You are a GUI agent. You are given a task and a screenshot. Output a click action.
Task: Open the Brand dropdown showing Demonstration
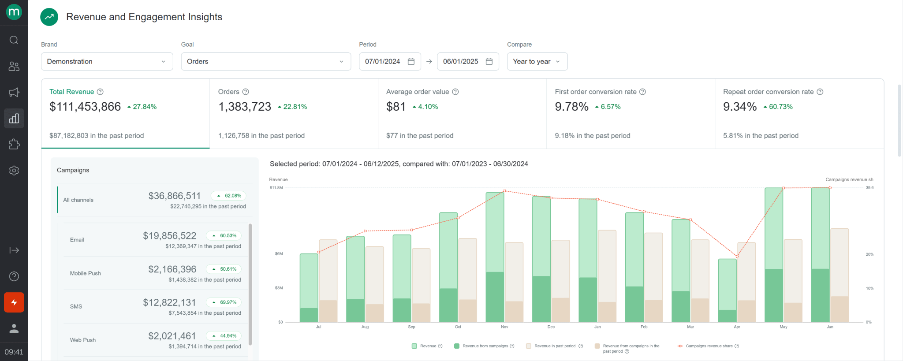pyautogui.click(x=107, y=62)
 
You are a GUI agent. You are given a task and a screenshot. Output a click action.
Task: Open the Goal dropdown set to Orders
pyautogui.click(x=265, y=62)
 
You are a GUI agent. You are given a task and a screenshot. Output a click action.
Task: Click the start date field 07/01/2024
pyautogui.click(x=383, y=62)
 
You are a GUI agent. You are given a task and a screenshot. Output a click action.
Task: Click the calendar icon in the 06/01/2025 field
pyautogui.click(x=489, y=62)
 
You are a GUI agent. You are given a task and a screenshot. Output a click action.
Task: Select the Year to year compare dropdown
pyautogui.click(x=537, y=62)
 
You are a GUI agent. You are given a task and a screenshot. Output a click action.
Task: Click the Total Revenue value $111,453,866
pyautogui.click(x=85, y=107)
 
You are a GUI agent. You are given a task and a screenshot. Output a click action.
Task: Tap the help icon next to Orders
pyautogui.click(x=246, y=92)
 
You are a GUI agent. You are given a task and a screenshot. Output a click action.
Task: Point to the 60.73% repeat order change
pyautogui.click(x=780, y=107)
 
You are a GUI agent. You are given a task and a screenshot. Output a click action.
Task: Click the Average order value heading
pyautogui.click(x=417, y=92)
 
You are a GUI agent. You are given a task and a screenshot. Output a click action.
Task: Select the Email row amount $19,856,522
pyautogui.click(x=169, y=236)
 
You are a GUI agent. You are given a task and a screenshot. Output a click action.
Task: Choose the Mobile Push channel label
pyautogui.click(x=86, y=273)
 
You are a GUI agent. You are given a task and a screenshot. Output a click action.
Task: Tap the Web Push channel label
pyautogui.click(x=83, y=340)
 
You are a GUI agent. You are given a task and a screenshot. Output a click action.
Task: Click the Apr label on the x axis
pyautogui.click(x=737, y=327)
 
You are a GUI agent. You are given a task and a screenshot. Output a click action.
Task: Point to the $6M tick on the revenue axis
pyautogui.click(x=279, y=254)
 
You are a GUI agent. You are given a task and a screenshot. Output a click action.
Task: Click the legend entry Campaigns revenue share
pyautogui.click(x=709, y=346)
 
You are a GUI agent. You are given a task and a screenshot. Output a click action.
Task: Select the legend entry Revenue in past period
pyautogui.click(x=554, y=346)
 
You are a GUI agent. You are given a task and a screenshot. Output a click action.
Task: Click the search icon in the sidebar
pyautogui.click(x=14, y=40)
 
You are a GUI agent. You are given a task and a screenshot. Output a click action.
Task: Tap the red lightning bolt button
pyautogui.click(x=14, y=302)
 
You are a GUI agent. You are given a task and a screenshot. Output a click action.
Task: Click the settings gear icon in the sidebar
pyautogui.click(x=14, y=171)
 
